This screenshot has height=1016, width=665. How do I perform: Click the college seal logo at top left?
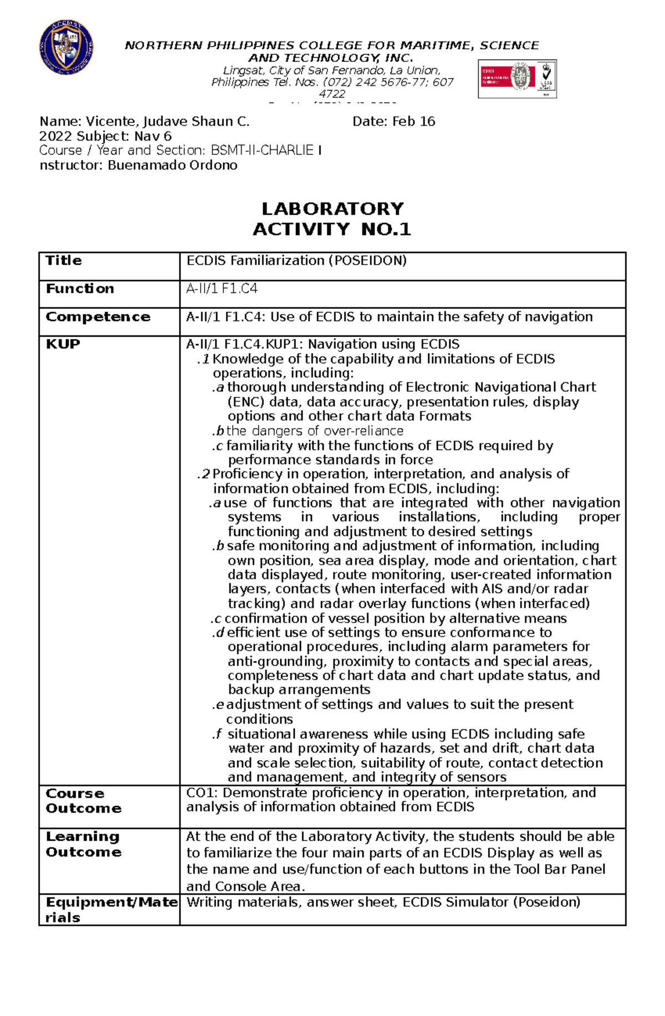coord(66,48)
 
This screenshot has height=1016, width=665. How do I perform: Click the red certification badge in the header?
coord(517,79)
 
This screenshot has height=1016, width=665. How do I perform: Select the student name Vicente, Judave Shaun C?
coord(167,122)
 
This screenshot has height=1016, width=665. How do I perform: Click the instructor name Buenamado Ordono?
coord(172,166)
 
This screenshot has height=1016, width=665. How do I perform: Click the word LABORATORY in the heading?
coord(332,209)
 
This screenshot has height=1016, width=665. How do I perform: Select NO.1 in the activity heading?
coord(386,229)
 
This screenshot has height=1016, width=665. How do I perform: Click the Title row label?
coord(64,261)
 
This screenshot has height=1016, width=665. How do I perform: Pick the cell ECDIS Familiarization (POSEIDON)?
coord(296,261)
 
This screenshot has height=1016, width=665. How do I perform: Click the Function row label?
coord(80,289)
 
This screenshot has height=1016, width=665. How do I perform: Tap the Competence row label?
coord(98,317)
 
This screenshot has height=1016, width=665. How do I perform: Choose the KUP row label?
coord(63,344)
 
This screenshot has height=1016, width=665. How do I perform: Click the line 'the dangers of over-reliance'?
coord(314,431)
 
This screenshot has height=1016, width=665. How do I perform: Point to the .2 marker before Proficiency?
coord(204,474)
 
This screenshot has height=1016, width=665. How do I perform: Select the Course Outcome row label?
coord(83,801)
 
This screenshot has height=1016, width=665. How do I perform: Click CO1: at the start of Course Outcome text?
coord(202,793)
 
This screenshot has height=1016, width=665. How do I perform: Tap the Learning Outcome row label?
coord(83,844)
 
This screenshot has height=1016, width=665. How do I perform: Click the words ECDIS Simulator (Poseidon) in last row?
coord(491,902)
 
